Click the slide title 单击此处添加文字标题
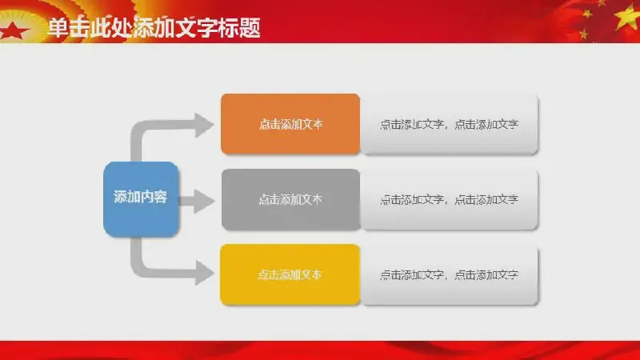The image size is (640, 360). point(154,28)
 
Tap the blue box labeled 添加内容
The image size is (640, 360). point(141,199)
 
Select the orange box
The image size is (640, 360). point(290,124)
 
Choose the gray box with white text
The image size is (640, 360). point(290,199)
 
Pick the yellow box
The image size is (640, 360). point(290,274)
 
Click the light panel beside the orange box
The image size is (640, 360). point(449,124)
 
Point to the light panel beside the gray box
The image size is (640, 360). point(449,199)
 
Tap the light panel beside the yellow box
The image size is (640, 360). point(449,274)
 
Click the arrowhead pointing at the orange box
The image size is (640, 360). point(204,125)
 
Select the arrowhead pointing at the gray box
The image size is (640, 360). point(204,201)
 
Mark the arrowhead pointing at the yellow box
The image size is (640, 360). point(204,272)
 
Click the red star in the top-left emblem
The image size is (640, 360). point(13,31)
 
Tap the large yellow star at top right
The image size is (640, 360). point(627,17)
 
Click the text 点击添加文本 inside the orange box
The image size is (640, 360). point(290,124)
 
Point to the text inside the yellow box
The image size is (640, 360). point(290,274)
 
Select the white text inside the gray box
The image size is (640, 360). point(290,199)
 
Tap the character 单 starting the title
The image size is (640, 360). point(58,28)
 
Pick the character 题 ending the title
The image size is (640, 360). point(250,28)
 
